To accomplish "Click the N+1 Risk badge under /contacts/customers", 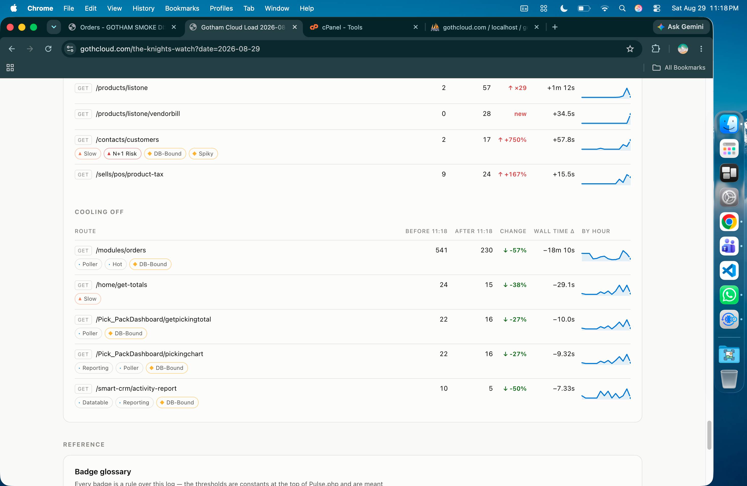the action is tap(122, 154).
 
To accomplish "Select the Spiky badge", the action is tap(203, 154).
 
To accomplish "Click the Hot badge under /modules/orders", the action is tap(116, 264).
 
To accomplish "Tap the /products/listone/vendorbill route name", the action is tap(138, 114).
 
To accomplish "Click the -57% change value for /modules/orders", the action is tap(515, 250).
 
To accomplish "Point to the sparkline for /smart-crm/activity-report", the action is tap(606, 394).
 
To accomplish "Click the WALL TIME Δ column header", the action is tap(554, 231).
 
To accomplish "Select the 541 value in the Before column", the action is tap(441, 250).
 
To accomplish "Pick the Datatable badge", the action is tap(94, 402).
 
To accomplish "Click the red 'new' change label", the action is tap(520, 114).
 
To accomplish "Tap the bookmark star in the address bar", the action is tap(630, 49).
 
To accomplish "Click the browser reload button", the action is tap(48, 49).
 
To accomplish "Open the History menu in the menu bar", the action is tap(144, 8).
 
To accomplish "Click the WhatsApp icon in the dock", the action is tap(729, 295).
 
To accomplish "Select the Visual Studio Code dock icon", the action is tap(729, 270).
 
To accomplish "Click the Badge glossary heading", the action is tap(103, 472).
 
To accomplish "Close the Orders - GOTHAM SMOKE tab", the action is tap(174, 27).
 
